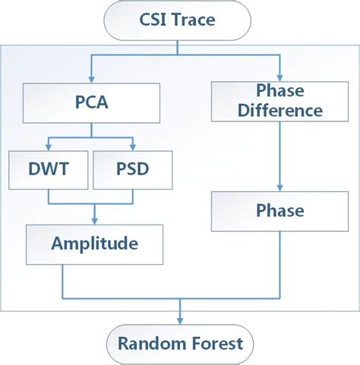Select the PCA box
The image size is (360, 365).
tap(91, 102)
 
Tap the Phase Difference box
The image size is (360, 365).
tap(280, 102)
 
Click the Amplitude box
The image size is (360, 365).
tap(94, 244)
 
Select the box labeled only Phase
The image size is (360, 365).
tap(280, 210)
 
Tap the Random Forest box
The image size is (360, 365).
tap(180, 343)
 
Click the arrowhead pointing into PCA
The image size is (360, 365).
tap(90, 80)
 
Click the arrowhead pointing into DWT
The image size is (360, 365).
tap(47, 147)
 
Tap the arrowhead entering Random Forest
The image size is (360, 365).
tap(180, 319)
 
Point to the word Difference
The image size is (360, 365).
tap(280, 111)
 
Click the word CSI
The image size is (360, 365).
tap(150, 20)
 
